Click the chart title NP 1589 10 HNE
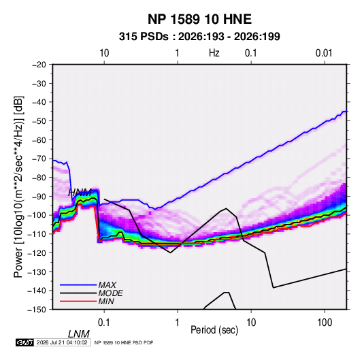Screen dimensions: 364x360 (199, 19)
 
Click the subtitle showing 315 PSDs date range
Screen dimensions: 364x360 (199, 37)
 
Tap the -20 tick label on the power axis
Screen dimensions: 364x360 (39, 65)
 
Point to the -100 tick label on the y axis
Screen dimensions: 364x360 (37, 215)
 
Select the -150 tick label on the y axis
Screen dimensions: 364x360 (37, 310)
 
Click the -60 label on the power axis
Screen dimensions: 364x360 (39, 140)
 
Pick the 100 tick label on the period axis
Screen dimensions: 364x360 (325, 323)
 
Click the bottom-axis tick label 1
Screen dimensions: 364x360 (178, 323)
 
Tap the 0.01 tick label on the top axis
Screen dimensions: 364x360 (324, 53)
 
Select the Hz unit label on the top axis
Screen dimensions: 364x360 (214, 53)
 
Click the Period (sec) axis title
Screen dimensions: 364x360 (214, 330)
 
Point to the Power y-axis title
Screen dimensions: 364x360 (18, 187)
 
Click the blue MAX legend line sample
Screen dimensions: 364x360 (78, 285)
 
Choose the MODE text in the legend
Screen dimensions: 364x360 (110, 293)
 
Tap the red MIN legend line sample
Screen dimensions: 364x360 (78, 301)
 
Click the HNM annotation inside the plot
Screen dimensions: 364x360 (80, 193)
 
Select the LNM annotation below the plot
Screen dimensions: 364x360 (79, 334)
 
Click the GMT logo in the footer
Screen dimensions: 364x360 (24, 342)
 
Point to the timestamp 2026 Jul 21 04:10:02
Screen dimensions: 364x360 (62, 342)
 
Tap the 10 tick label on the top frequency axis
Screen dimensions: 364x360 (104, 53)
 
